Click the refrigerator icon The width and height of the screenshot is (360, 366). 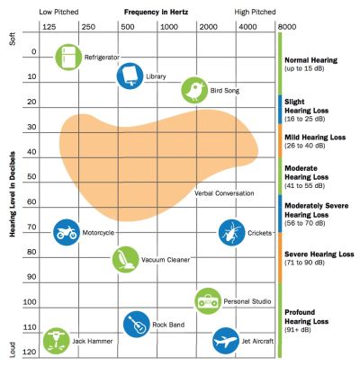[68, 57]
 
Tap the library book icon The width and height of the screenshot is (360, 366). [130, 75]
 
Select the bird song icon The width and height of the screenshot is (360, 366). [193, 88]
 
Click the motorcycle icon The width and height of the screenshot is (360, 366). [66, 232]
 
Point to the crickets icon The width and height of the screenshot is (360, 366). [231, 232]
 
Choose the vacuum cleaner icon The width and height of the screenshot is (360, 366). [125, 259]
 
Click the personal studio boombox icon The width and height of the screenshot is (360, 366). [208, 299]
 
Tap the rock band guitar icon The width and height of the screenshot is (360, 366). [136, 324]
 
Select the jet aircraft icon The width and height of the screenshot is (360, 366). [226, 341]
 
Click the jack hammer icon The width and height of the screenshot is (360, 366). [56, 340]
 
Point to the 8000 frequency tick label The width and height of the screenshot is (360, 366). [288, 28]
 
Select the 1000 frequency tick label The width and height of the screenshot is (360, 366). [168, 28]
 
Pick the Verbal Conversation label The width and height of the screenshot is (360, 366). [224, 192]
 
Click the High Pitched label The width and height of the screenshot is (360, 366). [255, 12]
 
